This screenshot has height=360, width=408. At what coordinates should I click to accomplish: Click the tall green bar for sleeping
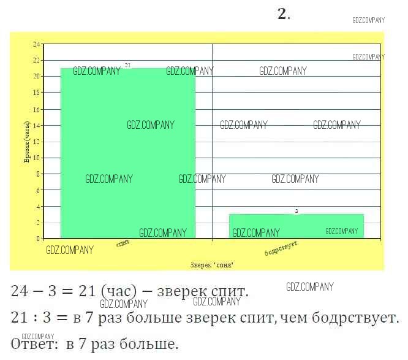(x=127, y=153)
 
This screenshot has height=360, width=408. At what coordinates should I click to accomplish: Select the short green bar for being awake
(x=297, y=226)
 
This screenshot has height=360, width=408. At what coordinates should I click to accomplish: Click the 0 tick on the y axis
(x=38, y=239)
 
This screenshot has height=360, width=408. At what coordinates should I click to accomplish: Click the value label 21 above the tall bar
(x=127, y=65)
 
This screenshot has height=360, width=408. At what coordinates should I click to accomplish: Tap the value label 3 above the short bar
(x=297, y=211)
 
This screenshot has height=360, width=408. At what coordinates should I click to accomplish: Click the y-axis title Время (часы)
(x=27, y=142)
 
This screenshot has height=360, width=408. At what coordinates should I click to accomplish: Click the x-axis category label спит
(x=123, y=243)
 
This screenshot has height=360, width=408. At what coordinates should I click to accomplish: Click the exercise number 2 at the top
(x=282, y=15)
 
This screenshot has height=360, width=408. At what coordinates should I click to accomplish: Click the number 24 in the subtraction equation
(x=21, y=292)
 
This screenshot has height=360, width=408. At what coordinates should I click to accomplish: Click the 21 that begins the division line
(x=21, y=318)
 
